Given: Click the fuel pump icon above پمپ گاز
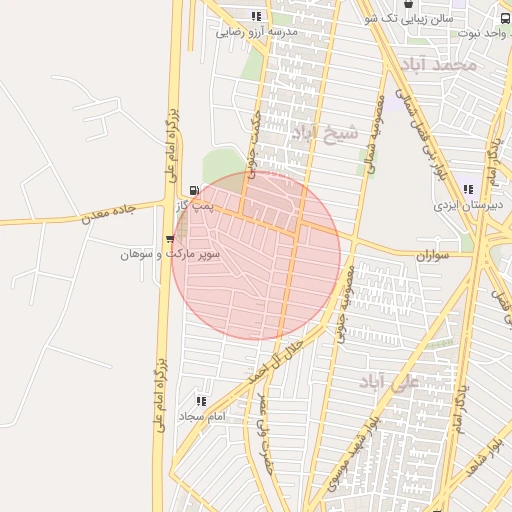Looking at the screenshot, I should [194, 189].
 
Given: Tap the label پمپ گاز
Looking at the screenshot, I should [192, 205].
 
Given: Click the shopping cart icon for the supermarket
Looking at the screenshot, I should [170, 239].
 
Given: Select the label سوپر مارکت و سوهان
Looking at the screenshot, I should [171, 255].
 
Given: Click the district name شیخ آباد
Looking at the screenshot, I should [325, 134].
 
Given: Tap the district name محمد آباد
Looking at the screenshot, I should [438, 65].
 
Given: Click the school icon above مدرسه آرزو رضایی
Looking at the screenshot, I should [257, 16].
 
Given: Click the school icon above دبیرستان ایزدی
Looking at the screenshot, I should [467, 189].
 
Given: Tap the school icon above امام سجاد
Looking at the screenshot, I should [201, 401].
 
